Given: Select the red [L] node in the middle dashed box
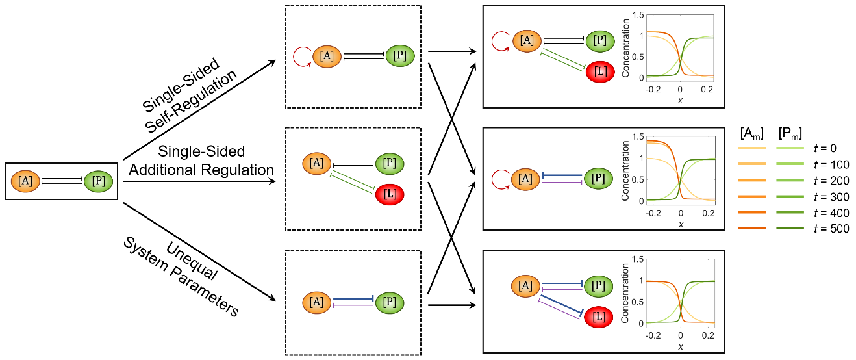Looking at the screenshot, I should (388, 194).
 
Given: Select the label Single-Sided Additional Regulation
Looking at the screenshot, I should (201, 161).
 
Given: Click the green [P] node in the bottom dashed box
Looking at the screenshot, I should (389, 302).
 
